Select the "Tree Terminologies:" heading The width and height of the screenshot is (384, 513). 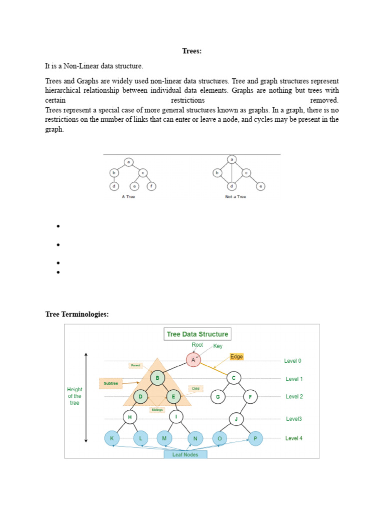pos(76,314)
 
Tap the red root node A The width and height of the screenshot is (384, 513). pos(193,360)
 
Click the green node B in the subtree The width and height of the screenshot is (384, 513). pos(157,378)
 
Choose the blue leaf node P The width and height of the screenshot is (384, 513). pos(255,438)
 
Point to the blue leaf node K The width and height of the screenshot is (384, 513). pos(111,438)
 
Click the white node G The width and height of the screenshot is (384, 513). pos(218,397)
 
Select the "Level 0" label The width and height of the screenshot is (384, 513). pos(292,361)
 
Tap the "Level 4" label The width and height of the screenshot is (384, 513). pos(293,438)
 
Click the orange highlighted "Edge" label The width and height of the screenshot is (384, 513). pos(236,357)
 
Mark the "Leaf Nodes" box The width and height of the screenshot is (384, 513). pos(185,454)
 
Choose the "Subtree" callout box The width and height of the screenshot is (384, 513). pos(111,384)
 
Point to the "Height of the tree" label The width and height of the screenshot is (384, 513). pos(74,396)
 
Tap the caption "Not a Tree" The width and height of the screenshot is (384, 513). pos(235,197)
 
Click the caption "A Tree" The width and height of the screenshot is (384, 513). pos(128,197)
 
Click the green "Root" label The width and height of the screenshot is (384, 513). pos(198,345)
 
